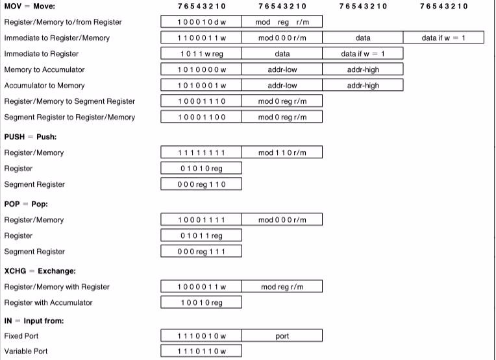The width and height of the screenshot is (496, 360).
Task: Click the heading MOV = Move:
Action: (x=30, y=6)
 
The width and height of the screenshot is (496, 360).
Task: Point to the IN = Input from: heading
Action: (x=34, y=321)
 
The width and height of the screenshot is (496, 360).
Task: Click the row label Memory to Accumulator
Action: (x=44, y=69)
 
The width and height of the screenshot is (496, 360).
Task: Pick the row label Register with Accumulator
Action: (x=48, y=303)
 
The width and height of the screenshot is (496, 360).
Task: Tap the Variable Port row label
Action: (x=26, y=352)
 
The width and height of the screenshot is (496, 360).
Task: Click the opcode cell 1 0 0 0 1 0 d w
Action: (x=201, y=22)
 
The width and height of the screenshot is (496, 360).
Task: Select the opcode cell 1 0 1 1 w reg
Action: (x=201, y=54)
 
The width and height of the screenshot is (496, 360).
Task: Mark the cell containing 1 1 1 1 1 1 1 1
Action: (x=201, y=153)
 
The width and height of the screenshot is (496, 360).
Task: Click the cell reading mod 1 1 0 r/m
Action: (x=282, y=153)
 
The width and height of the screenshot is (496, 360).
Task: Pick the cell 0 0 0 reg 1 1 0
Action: (x=201, y=185)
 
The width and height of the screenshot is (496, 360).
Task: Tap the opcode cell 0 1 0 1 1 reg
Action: (x=201, y=236)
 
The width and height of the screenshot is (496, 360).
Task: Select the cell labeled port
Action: (x=282, y=337)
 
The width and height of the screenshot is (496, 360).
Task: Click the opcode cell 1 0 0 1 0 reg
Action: (x=201, y=303)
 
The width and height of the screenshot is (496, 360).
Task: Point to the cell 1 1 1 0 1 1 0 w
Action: (x=201, y=352)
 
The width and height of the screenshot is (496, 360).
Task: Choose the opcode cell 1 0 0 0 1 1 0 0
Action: (x=201, y=117)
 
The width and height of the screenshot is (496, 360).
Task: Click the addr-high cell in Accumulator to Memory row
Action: (x=363, y=86)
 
